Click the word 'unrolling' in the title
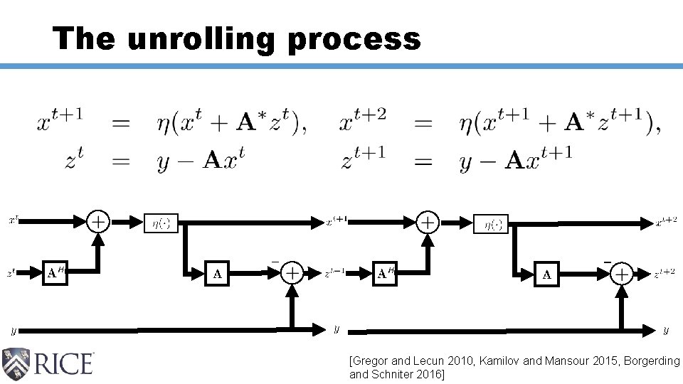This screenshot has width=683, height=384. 201,39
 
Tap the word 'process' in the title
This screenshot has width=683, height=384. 354,39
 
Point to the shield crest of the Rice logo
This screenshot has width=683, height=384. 16,363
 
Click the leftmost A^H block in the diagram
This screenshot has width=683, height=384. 56,272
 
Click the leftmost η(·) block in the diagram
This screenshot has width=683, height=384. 162,223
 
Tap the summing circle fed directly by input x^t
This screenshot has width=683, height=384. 98,222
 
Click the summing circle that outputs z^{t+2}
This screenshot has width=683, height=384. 622,274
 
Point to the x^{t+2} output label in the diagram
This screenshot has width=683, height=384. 666,223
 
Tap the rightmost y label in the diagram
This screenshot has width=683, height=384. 666,330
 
